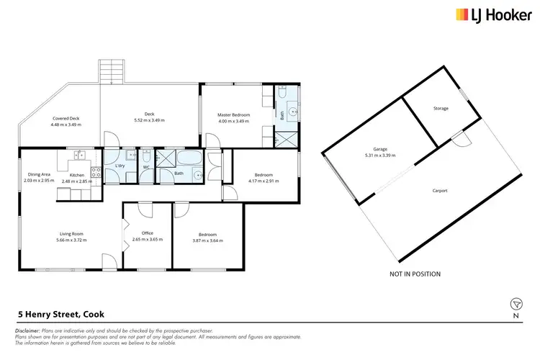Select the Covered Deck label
(66, 118)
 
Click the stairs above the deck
(112, 71)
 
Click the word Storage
(441, 109)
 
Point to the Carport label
(440, 191)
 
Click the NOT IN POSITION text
(415, 274)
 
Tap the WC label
(146, 167)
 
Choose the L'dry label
(120, 167)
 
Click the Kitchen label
(77, 174)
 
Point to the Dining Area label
(39, 174)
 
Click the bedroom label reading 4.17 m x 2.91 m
(263, 181)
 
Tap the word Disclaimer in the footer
(28, 330)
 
